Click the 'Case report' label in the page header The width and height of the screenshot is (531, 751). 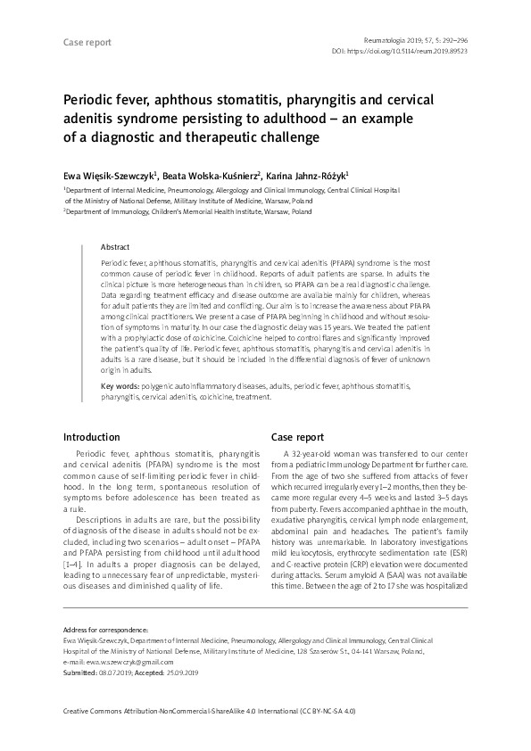click(x=86, y=43)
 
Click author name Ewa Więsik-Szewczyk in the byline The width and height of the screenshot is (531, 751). click(x=107, y=176)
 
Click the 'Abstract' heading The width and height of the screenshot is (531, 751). click(x=115, y=246)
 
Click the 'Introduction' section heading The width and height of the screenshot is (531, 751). click(x=92, y=438)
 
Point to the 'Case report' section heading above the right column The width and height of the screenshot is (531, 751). click(x=297, y=438)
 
